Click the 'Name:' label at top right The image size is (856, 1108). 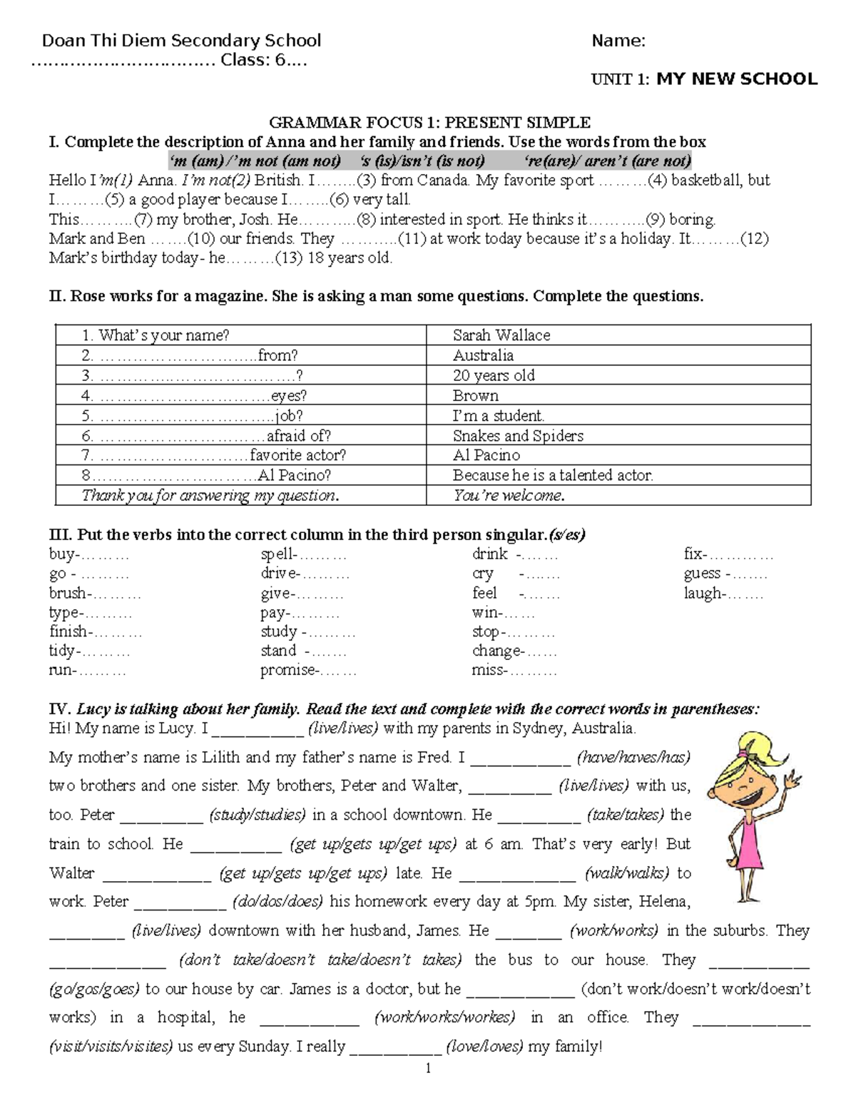(618, 41)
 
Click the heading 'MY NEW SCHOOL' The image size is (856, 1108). (737, 79)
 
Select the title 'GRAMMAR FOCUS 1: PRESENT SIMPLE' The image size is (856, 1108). (429, 123)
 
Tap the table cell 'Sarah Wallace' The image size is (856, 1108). (501, 335)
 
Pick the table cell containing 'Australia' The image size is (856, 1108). (483, 355)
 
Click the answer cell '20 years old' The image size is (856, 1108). (493, 375)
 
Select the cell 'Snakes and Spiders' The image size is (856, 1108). (518, 436)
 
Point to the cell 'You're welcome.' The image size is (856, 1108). (509, 495)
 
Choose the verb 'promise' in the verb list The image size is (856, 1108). (288, 670)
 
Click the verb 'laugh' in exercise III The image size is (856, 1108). (702, 593)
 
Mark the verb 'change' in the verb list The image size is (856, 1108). (496, 651)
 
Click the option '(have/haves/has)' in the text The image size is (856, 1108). (633, 757)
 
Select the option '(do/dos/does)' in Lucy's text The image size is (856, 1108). (277, 902)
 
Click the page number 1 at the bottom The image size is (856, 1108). (428, 1068)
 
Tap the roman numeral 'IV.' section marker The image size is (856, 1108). (59, 709)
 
